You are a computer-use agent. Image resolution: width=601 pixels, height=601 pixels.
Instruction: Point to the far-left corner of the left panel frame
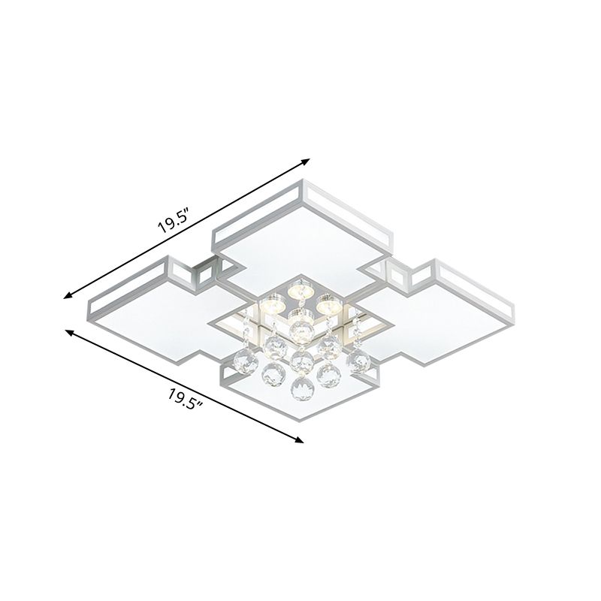pyautogui.click(x=88, y=304)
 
